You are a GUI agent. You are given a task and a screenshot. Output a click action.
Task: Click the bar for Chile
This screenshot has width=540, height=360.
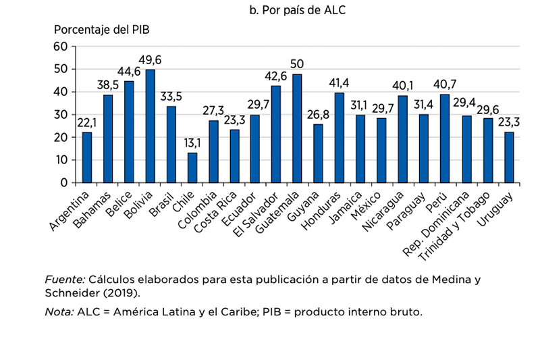click(192, 168)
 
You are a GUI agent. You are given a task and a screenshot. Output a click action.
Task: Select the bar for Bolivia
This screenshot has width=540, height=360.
click(151, 126)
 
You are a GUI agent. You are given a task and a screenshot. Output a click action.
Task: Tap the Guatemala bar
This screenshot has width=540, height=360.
click(297, 128)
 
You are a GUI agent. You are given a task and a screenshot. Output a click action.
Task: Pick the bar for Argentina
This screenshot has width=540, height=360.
click(87, 157)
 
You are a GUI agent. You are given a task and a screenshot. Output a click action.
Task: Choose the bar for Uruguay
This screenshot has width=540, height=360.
click(508, 157)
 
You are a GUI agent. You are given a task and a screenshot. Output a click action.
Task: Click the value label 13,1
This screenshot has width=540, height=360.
click(192, 143)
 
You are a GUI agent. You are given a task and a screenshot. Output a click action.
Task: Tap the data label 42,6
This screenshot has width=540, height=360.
click(276, 77)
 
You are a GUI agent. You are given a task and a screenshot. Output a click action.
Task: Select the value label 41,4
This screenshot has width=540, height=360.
click(340, 84)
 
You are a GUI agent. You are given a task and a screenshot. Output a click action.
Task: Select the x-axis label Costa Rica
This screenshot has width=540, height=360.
click(219, 212)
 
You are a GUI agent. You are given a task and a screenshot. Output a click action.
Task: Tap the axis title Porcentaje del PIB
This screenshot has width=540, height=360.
click(102, 30)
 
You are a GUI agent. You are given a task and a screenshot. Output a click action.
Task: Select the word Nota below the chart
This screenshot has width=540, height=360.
click(59, 312)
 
